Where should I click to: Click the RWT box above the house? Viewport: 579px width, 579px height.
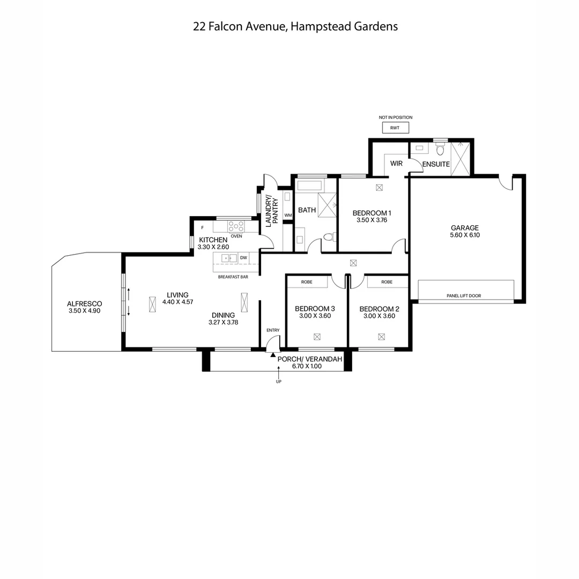pyautogui.click(x=395, y=128)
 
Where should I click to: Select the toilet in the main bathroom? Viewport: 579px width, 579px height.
pyautogui.click(x=329, y=236)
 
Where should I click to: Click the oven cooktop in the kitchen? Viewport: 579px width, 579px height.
pyautogui.click(x=236, y=226)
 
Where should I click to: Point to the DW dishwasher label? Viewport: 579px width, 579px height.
pyautogui.click(x=243, y=258)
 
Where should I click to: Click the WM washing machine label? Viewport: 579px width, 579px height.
pyautogui.click(x=288, y=216)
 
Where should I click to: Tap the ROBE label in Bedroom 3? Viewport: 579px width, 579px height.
pyautogui.click(x=307, y=282)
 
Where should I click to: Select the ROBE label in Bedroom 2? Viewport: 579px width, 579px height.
pyautogui.click(x=387, y=282)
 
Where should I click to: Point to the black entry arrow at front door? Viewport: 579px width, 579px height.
pyautogui.click(x=273, y=354)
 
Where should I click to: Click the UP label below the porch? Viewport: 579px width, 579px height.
pyautogui.click(x=278, y=382)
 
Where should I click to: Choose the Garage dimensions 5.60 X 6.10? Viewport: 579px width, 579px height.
pyautogui.click(x=465, y=235)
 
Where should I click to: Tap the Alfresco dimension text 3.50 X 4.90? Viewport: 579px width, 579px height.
pyautogui.click(x=85, y=311)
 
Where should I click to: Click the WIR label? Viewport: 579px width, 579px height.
pyautogui.click(x=397, y=163)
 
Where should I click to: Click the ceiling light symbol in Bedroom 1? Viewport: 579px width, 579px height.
pyautogui.click(x=380, y=188)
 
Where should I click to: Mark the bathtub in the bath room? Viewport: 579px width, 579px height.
pyautogui.click(x=310, y=186)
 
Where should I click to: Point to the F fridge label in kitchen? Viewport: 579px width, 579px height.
pyautogui.click(x=202, y=228)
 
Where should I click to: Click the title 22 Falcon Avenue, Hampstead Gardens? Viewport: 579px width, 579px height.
pyautogui.click(x=295, y=26)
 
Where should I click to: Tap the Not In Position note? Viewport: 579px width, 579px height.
pyautogui.click(x=396, y=117)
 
